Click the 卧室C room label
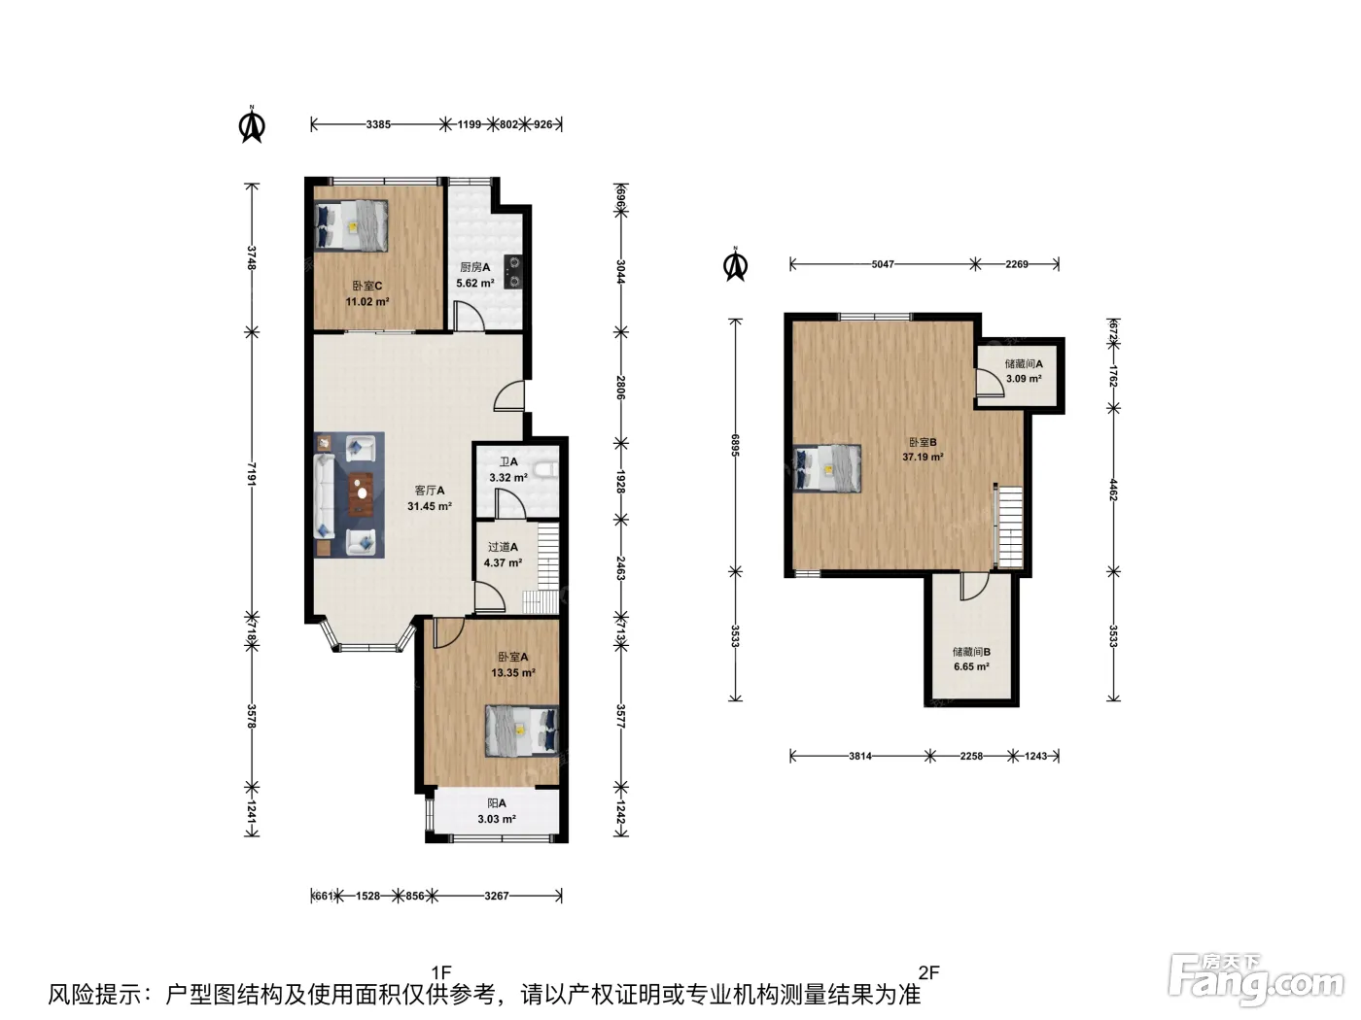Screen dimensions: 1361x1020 (x=367, y=287)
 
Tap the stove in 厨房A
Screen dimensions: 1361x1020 (x=514, y=272)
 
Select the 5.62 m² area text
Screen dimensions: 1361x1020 (x=475, y=283)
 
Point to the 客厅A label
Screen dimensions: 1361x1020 (x=430, y=491)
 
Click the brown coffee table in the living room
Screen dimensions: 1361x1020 (x=361, y=493)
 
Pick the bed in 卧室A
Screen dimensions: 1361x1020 (x=521, y=731)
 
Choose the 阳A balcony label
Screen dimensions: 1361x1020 (x=497, y=803)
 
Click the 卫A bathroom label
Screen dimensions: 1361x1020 (x=508, y=462)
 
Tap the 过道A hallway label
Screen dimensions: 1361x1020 (x=503, y=547)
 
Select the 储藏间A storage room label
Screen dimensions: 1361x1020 (x=1024, y=364)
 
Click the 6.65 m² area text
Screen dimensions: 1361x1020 (x=971, y=666)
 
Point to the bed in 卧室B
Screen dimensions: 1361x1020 (x=827, y=468)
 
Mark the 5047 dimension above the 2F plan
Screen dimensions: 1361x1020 (x=883, y=264)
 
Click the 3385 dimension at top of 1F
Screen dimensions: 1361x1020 (x=378, y=124)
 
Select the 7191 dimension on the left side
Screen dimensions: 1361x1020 (x=251, y=474)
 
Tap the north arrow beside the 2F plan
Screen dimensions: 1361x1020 (x=735, y=264)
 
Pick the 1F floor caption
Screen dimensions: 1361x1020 (x=441, y=973)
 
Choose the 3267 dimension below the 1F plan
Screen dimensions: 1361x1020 (x=497, y=896)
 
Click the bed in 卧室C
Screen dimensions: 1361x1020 (x=351, y=225)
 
